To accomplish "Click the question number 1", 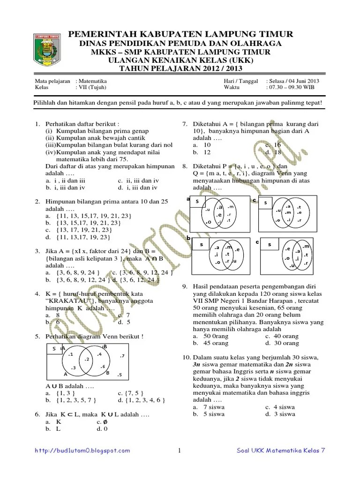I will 37,124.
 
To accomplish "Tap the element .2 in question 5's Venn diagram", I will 87,359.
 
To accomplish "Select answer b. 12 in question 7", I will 202,152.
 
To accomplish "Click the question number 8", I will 185,166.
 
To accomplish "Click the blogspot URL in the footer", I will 83,450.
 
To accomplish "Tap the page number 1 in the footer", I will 180,451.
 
